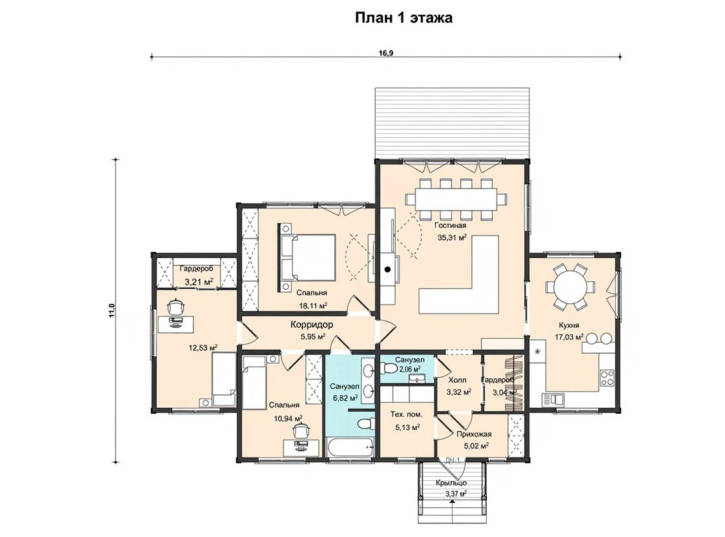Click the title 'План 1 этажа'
coord(403,17)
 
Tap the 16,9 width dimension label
coord(386,53)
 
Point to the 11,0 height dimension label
coord(111,310)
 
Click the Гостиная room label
coord(450,225)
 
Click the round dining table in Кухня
coord(569,287)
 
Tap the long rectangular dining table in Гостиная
coord(455,199)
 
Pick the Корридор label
coord(312,325)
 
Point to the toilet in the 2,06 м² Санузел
coord(389,369)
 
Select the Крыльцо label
coord(451,483)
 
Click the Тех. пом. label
coord(407,414)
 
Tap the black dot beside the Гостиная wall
coord(388,269)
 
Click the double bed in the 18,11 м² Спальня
coord(307,258)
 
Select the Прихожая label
coord(474,434)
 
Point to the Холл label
coord(457,380)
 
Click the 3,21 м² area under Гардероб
coord(199,281)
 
